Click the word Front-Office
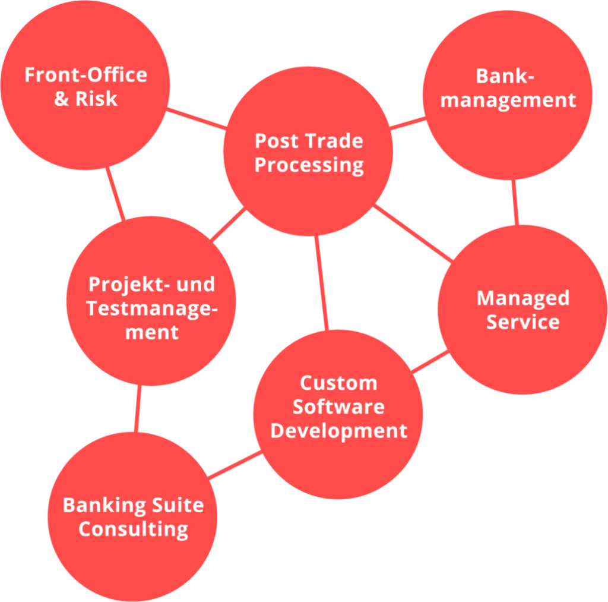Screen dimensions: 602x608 (85, 75)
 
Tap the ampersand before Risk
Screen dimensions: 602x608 (62, 99)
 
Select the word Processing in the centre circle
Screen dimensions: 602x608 (309, 165)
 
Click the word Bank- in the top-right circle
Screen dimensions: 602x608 (505, 76)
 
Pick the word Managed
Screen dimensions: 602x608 (522, 298)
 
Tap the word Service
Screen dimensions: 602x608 (522, 322)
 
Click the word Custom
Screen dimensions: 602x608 (338, 383)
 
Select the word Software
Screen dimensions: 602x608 (338, 407)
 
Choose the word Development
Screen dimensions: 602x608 (338, 431)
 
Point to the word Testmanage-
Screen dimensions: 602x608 (151, 308)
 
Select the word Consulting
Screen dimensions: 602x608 (133, 529)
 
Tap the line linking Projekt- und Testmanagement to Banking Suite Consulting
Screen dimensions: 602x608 (138, 408)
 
